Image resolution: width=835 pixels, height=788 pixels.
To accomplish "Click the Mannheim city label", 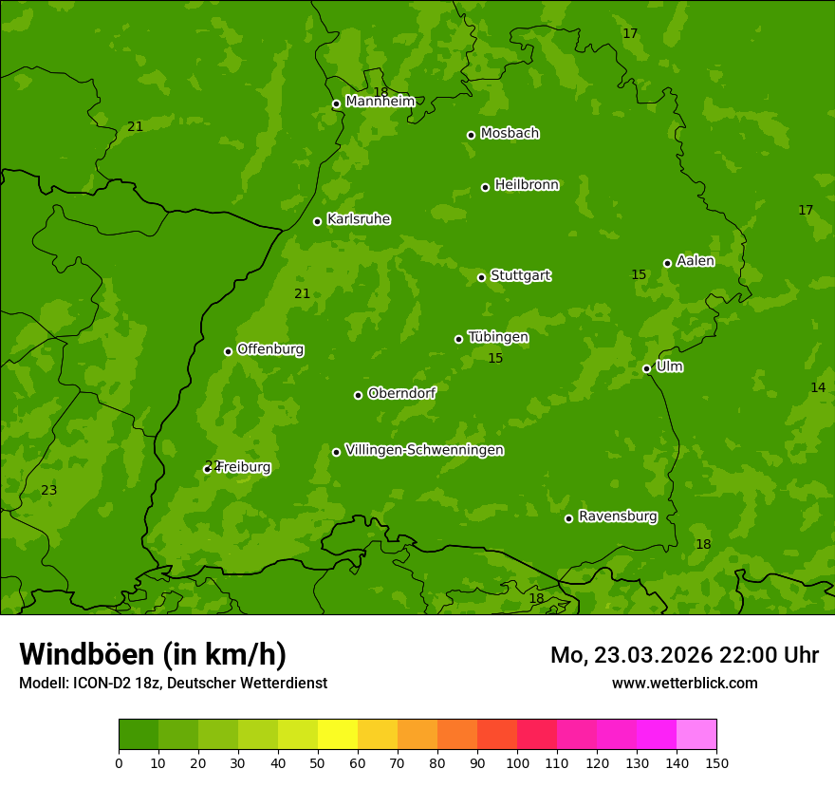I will click(x=380, y=101).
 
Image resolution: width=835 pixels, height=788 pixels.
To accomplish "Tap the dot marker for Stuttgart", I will click(x=481, y=277).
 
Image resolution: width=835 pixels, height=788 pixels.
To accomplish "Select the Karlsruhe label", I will click(x=358, y=219).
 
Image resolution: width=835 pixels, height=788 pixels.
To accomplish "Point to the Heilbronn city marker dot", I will click(x=485, y=187).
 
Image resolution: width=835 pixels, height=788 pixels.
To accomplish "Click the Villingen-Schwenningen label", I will click(x=424, y=450).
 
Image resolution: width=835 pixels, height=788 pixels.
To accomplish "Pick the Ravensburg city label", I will click(x=617, y=516).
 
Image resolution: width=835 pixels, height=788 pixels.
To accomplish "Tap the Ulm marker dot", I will click(x=646, y=368).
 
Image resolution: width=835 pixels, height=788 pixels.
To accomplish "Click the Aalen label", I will click(x=695, y=261).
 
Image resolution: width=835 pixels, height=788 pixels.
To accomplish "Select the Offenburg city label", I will click(x=269, y=349).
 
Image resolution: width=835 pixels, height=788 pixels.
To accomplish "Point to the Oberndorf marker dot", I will click(x=358, y=395).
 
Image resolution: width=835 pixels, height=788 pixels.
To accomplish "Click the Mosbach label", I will click(x=509, y=134).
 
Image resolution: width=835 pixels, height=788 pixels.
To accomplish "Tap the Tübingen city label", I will click(x=497, y=337).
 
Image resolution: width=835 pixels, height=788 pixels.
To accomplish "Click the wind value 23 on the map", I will click(x=49, y=491).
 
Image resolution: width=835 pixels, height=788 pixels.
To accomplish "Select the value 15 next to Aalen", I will click(x=639, y=275).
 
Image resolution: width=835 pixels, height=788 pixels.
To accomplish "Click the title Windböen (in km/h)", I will click(x=153, y=654).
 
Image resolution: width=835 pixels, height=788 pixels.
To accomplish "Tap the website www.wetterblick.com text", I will click(x=684, y=683).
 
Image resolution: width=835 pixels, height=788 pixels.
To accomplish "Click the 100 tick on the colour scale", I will click(x=517, y=762).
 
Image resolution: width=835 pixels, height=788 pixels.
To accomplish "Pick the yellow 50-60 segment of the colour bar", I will click(x=338, y=735).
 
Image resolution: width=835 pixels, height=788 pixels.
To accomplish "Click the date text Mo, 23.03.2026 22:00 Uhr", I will click(x=684, y=655).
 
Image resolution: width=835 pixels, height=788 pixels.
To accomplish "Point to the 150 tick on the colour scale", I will click(x=716, y=762).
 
